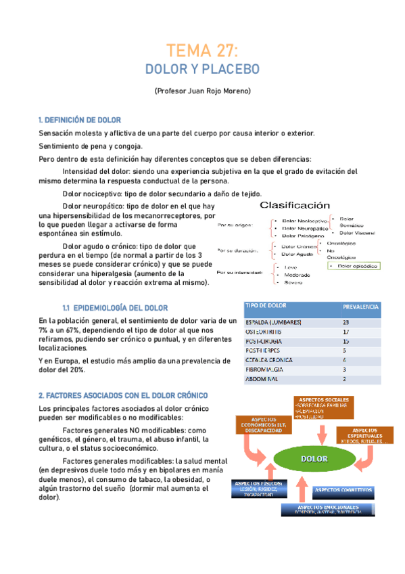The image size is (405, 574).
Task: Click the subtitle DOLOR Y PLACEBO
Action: pyautogui.click(x=202, y=69)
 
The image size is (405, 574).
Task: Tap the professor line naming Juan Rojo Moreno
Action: pyautogui.click(x=202, y=91)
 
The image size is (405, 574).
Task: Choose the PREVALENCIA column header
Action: pyautogui.click(x=360, y=307)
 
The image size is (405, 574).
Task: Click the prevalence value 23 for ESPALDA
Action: pyautogui.click(x=346, y=322)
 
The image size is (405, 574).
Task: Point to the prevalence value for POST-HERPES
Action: pyautogui.click(x=345, y=351)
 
